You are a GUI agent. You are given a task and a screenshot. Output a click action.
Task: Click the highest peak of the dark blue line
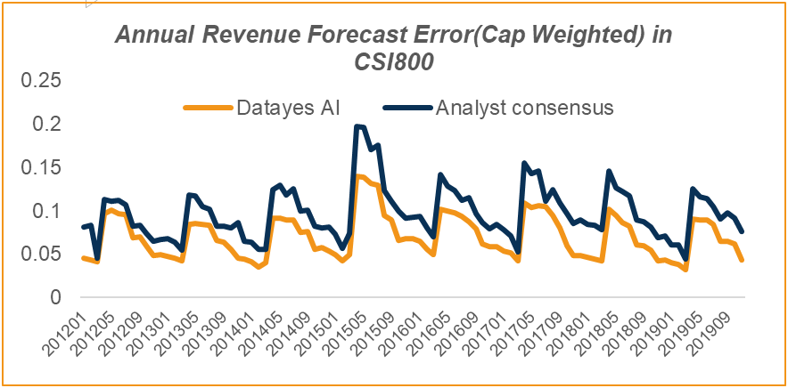point(357,126)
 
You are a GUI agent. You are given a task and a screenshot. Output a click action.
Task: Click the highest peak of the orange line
point(357,176)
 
